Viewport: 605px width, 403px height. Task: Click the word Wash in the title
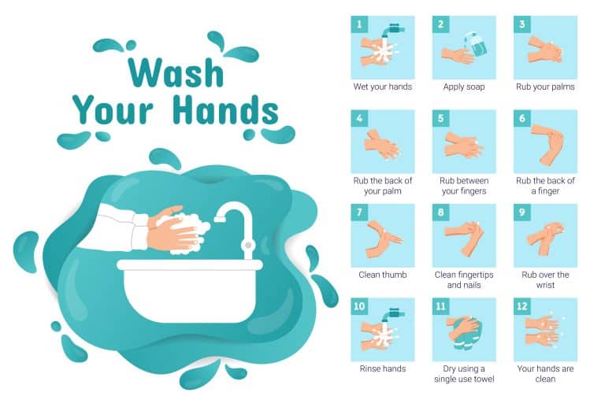[176, 72]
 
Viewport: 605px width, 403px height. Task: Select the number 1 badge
[359, 24]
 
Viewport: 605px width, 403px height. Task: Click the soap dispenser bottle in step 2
[477, 44]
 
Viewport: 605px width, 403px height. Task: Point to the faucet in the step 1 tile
[392, 31]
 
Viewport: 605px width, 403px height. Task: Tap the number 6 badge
[522, 118]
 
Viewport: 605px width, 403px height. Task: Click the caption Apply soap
[464, 87]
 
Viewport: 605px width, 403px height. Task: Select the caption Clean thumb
[382, 275]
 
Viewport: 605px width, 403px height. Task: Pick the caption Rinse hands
[382, 368]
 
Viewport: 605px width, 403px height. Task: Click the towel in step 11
[464, 335]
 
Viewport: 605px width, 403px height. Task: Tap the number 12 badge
[522, 306]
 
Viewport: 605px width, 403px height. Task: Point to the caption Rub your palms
[545, 87]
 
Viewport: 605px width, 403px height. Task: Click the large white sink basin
[189, 291]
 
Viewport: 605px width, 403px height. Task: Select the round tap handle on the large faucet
[247, 245]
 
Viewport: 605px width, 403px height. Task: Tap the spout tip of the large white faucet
[220, 219]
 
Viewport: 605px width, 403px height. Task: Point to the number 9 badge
[522, 212]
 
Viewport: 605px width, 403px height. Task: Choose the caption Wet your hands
[382, 87]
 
